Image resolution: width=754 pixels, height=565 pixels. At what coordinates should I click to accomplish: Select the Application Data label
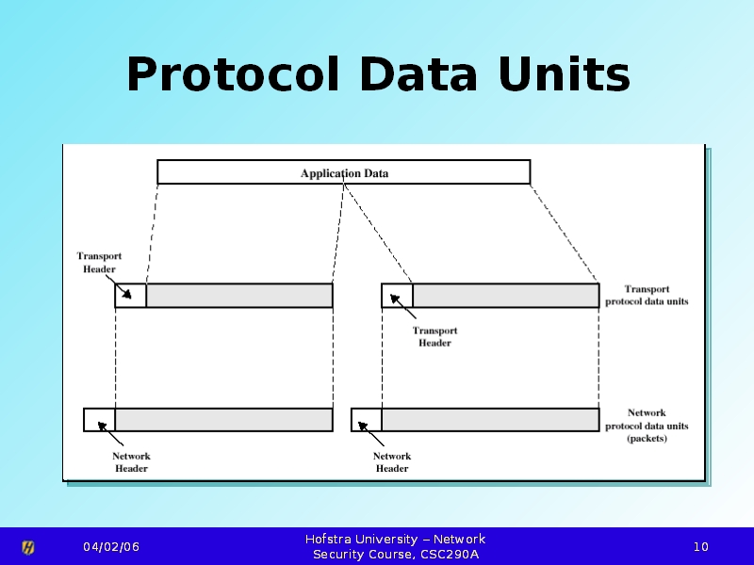click(x=344, y=173)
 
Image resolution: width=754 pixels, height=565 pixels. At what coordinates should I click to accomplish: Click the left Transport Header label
click(x=99, y=263)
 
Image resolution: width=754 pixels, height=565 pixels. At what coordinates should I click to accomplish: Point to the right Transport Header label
click(x=434, y=336)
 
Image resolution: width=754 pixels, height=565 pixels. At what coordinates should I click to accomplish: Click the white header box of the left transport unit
click(x=130, y=296)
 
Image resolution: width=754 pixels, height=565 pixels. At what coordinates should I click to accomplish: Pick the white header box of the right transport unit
click(x=397, y=296)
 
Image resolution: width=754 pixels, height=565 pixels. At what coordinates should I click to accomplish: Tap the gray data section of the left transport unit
click(x=239, y=296)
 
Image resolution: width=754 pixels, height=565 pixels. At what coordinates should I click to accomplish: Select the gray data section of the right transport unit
click(x=505, y=296)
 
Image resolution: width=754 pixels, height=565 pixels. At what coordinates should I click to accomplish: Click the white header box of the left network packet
click(x=99, y=420)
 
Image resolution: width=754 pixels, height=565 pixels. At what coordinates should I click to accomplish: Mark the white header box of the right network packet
click(x=366, y=420)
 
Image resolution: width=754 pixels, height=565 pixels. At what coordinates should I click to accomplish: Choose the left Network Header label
click(x=131, y=462)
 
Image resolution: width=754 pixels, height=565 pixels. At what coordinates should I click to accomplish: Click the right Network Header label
click(x=392, y=462)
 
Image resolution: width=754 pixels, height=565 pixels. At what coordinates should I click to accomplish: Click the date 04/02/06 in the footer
click(x=111, y=547)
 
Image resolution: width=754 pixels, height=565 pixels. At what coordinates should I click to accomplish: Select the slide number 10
click(x=701, y=547)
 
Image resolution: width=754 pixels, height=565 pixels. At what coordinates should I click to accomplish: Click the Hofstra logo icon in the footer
click(x=28, y=547)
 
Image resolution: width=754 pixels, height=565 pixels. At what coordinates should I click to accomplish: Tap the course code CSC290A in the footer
click(x=448, y=555)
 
